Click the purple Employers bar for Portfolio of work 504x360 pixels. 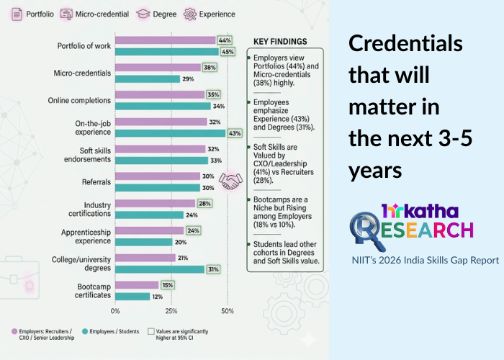pyautogui.click(x=166, y=40)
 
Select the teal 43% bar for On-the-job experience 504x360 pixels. pyautogui.click(x=171, y=133)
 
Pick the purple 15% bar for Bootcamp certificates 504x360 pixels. pyautogui.click(x=137, y=285)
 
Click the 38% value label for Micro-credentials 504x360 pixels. pyautogui.click(x=211, y=68)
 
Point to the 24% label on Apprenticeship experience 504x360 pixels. pyautogui.click(x=193, y=231)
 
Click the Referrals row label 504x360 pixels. pyautogui.click(x=95, y=182)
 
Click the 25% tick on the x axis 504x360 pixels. pyautogui.click(x=171, y=311)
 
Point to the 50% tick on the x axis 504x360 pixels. pyautogui.click(x=227, y=311)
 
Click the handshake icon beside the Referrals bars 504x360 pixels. pyautogui.click(x=231, y=181)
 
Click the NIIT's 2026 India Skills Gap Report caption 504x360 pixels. pyautogui.click(x=426, y=260)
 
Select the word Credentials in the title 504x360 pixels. pyautogui.click(x=405, y=44)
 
